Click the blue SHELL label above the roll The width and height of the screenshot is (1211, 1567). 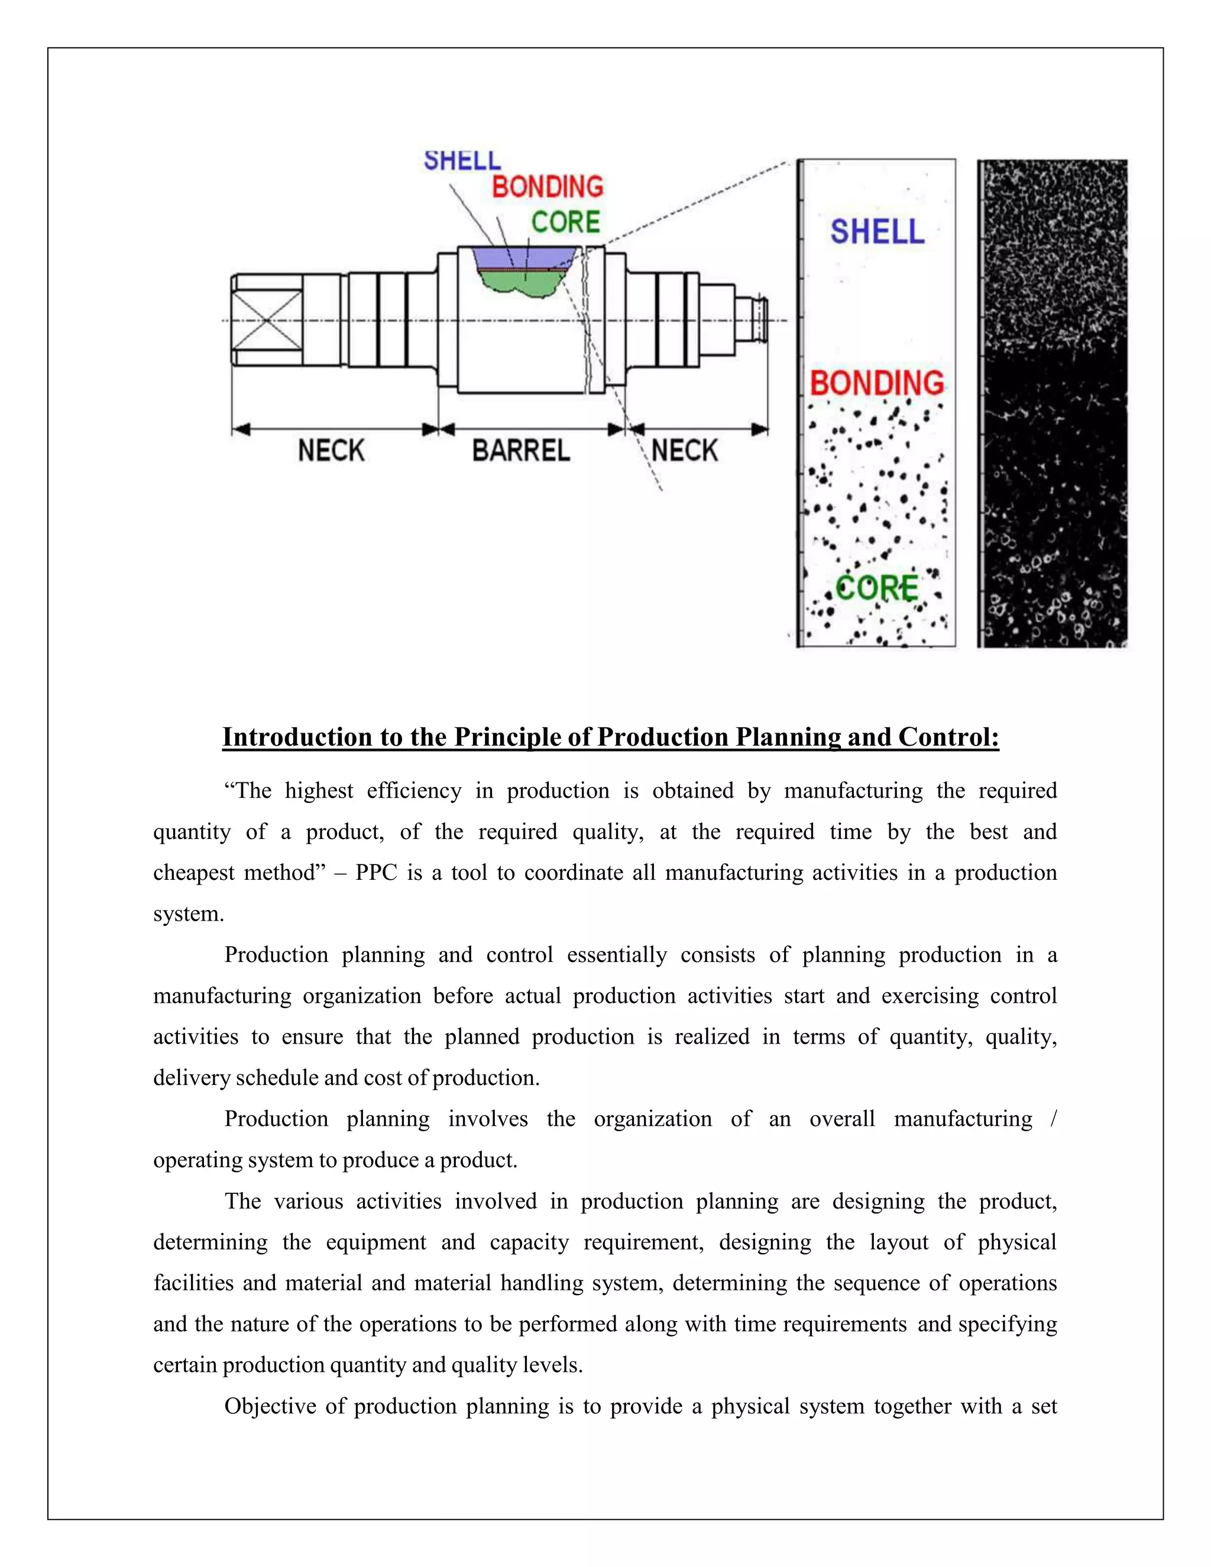(x=462, y=160)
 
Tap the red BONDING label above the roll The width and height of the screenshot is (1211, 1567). (x=548, y=187)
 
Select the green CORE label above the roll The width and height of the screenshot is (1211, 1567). (x=565, y=222)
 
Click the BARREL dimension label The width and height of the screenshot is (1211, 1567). (x=521, y=451)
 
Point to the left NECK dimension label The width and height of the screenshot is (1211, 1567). (x=332, y=451)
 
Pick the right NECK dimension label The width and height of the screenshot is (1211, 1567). (x=684, y=451)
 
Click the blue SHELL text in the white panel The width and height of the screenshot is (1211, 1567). (x=878, y=232)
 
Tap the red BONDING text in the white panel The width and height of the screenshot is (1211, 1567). (x=877, y=383)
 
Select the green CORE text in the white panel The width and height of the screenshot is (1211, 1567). (x=877, y=588)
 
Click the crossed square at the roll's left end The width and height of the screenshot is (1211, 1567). (x=267, y=320)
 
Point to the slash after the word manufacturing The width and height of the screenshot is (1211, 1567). (x=1053, y=1119)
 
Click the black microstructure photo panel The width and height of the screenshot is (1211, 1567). (x=1053, y=403)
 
